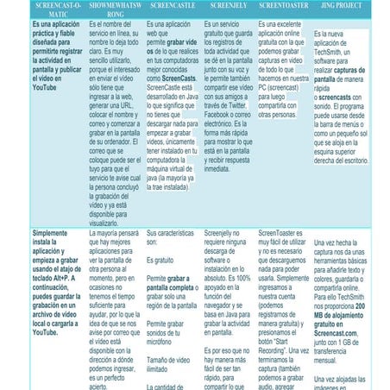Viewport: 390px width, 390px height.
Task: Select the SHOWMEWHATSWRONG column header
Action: click(x=108, y=9)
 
